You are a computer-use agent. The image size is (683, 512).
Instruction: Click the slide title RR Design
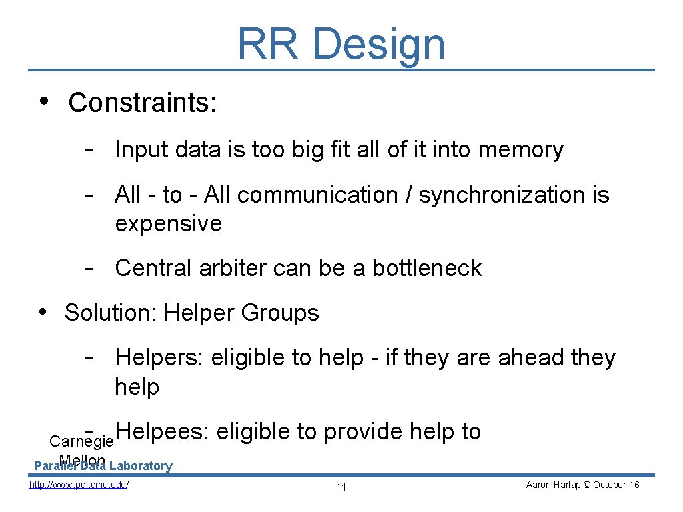[x=341, y=43]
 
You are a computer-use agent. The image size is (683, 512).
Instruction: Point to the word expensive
[x=168, y=224]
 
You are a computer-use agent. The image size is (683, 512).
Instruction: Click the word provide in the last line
[x=363, y=432]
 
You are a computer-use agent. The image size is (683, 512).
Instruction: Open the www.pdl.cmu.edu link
[x=79, y=485]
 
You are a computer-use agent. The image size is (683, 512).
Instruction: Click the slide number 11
[x=341, y=487]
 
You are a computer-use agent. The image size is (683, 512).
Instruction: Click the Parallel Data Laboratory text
[x=103, y=466]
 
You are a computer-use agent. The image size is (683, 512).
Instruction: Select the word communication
[x=317, y=195]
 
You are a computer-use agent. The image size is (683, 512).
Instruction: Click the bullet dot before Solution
[x=42, y=312]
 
